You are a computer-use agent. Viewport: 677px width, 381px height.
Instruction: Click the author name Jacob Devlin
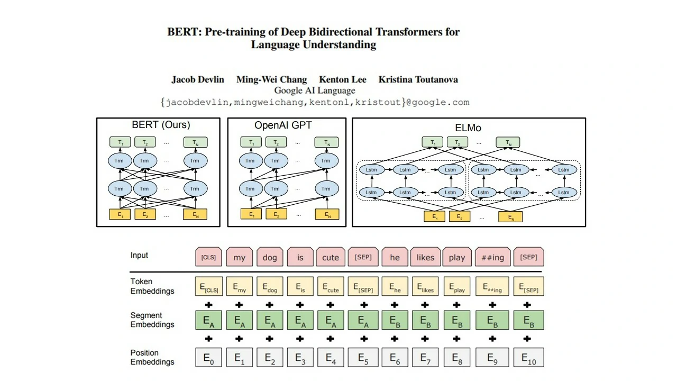tap(197, 80)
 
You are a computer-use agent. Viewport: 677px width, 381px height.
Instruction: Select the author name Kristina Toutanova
tap(418, 80)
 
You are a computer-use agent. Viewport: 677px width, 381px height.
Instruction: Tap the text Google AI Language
tap(314, 90)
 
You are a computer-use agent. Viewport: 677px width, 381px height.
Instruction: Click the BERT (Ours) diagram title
tap(161, 125)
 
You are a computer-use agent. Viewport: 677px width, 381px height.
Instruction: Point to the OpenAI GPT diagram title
tap(283, 126)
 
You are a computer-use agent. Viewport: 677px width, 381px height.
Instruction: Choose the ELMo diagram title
tap(468, 128)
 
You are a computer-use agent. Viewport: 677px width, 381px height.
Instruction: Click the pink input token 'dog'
tap(270, 257)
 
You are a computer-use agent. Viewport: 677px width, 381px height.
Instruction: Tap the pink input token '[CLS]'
tap(208, 257)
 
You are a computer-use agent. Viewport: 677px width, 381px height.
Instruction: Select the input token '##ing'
tap(492, 257)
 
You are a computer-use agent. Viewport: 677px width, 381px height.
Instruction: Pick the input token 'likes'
tap(425, 257)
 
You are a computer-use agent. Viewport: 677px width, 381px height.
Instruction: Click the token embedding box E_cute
tap(331, 287)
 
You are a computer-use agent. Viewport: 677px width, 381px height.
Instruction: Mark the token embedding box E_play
tap(456, 287)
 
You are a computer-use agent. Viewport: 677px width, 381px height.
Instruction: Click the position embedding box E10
tap(528, 358)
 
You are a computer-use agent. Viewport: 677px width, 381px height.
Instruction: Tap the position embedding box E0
tap(208, 358)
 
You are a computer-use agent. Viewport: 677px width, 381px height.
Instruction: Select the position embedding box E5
tap(363, 358)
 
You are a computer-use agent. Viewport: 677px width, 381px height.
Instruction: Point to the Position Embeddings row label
tap(152, 358)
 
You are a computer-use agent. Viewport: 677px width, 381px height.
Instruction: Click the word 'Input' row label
tap(139, 255)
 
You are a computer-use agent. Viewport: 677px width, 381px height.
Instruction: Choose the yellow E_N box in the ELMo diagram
tap(510, 216)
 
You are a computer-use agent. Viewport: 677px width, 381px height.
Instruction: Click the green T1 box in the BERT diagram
tap(120, 142)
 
